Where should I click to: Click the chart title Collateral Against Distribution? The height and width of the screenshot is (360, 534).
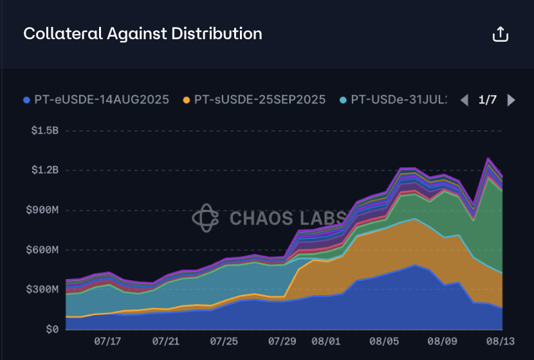pos(142,33)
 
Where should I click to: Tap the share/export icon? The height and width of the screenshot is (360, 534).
pos(500,34)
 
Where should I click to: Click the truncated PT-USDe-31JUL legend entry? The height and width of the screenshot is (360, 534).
pos(399,100)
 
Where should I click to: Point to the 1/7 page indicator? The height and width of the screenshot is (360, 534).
pos(488,100)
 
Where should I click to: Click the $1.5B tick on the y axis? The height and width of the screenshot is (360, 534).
pos(44,130)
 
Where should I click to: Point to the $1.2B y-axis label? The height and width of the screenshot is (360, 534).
pos(44,170)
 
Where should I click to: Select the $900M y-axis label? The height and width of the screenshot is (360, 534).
pos(42,210)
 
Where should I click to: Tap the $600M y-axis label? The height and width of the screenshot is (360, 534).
pos(42,250)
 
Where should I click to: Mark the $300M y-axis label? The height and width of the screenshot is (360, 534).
pos(42,290)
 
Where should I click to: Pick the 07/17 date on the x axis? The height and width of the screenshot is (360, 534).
pos(107,340)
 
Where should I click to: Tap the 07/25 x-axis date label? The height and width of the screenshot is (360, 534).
pos(224,340)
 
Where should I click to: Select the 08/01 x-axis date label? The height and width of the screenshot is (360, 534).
pos(326,340)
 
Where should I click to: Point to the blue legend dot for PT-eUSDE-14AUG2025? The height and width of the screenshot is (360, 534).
pos(26,100)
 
